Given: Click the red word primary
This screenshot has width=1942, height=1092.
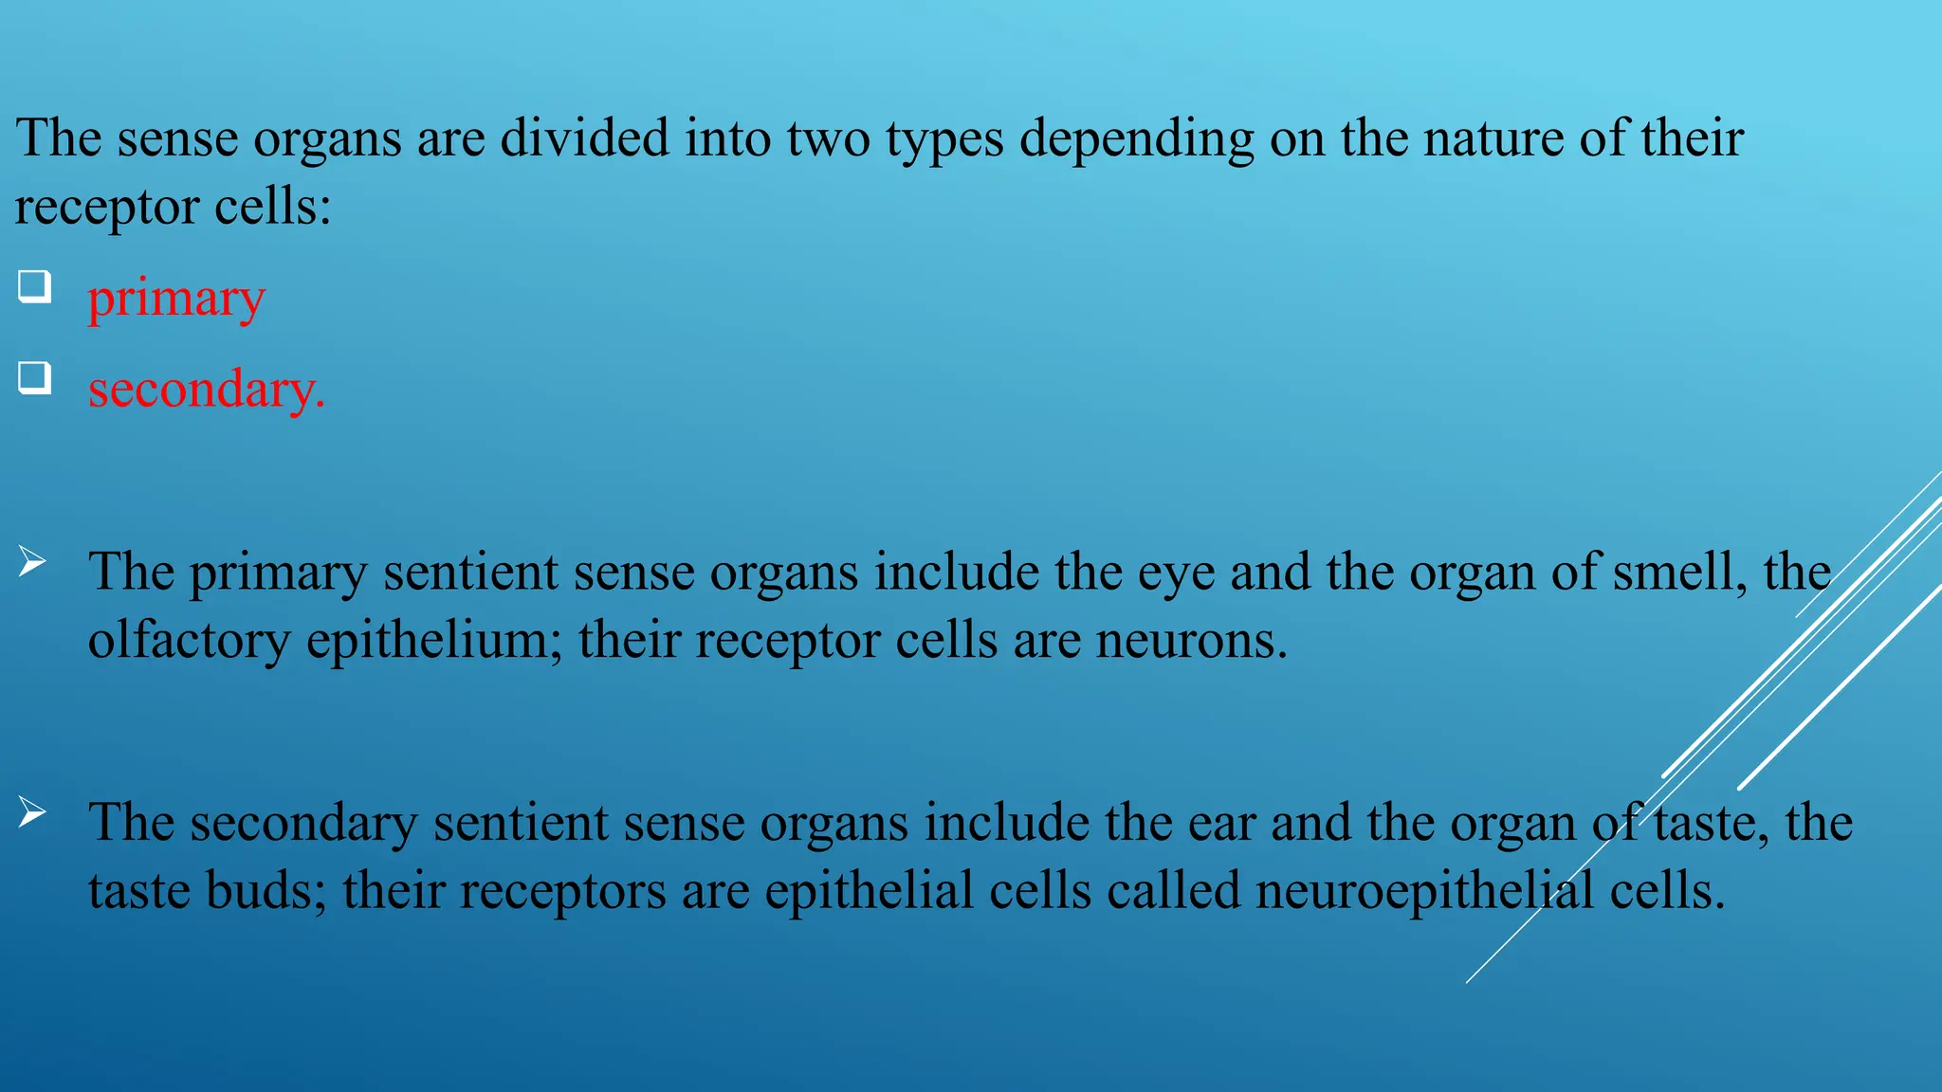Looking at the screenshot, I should click(x=176, y=300).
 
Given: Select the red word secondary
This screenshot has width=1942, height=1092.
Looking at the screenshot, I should click(x=205, y=390).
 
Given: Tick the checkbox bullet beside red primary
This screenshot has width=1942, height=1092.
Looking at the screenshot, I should click(x=34, y=285).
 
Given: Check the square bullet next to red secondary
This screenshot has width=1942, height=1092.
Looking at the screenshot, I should click(x=34, y=377).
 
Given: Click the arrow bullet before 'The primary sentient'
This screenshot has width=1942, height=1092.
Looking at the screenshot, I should click(x=32, y=562).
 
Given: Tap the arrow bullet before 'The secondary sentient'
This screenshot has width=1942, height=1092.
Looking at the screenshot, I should click(x=32, y=812).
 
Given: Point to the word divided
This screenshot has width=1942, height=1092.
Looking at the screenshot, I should click(x=584, y=138).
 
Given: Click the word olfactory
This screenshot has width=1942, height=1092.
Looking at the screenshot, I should click(x=189, y=642).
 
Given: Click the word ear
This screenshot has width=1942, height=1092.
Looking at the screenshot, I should click(x=1224, y=823).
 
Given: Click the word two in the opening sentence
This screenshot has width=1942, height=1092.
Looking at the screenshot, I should click(x=828, y=138).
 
